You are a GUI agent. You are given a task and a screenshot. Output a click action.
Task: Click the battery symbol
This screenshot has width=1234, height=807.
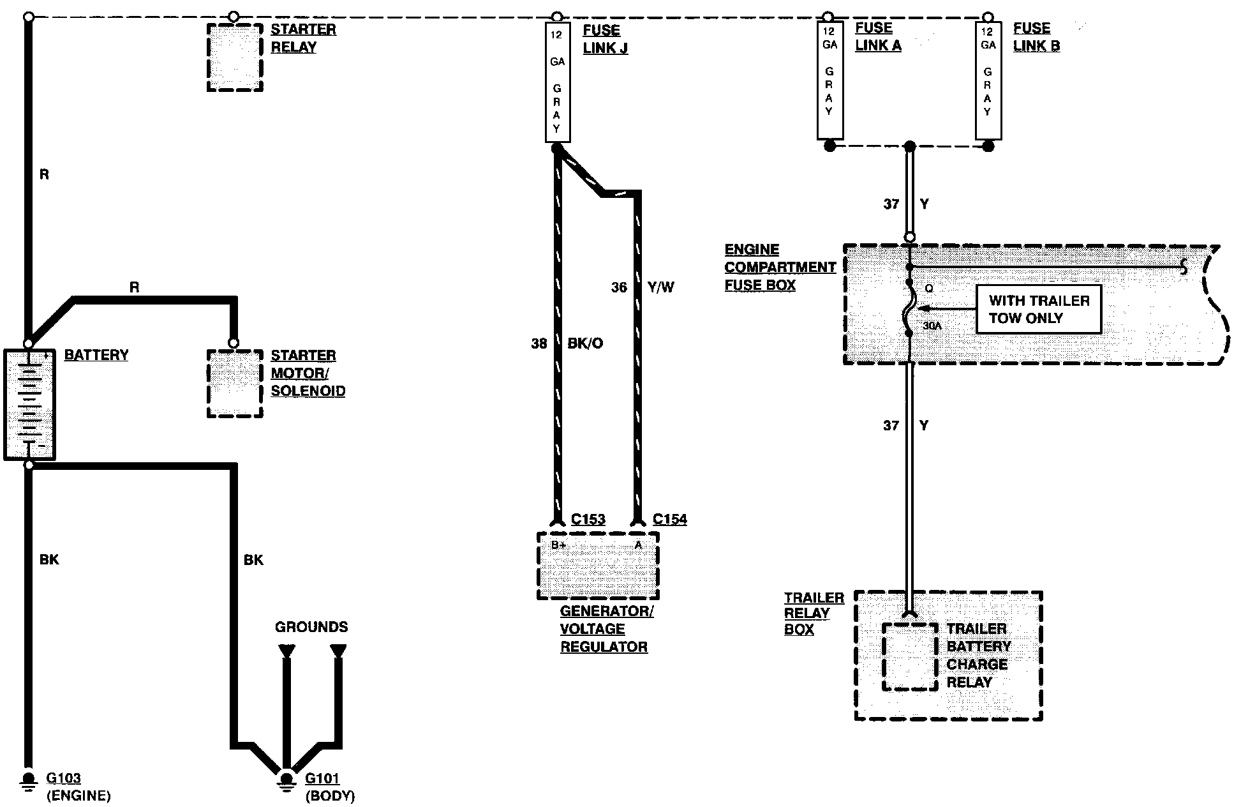click(x=29, y=404)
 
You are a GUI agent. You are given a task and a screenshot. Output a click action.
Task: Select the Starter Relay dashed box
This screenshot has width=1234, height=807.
click(x=235, y=57)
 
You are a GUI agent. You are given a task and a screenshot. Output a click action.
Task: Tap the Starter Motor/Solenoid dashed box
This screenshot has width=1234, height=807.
click(x=235, y=383)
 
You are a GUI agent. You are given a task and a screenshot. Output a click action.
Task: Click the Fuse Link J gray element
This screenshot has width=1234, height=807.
click(x=557, y=82)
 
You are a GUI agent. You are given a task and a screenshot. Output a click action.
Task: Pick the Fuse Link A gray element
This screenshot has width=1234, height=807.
click(x=829, y=80)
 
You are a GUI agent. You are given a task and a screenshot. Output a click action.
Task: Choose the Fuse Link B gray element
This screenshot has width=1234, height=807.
click(x=988, y=80)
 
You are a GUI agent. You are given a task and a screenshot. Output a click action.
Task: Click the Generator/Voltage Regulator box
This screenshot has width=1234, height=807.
click(x=598, y=566)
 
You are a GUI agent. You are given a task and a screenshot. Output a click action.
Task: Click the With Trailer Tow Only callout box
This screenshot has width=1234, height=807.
click(x=1038, y=309)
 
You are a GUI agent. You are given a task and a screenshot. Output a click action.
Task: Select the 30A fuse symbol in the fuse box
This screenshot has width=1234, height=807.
click(x=910, y=310)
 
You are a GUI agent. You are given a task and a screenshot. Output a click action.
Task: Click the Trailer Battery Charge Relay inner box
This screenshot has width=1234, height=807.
click(x=910, y=656)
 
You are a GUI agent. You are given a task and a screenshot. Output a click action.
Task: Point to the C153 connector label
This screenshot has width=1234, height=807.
click(x=588, y=519)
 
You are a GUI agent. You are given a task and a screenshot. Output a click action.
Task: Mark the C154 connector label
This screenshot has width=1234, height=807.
click(x=669, y=519)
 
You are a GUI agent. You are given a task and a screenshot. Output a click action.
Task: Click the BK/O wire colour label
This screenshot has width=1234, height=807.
click(x=585, y=343)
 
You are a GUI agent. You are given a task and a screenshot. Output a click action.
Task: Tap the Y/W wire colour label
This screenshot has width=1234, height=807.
click(x=661, y=287)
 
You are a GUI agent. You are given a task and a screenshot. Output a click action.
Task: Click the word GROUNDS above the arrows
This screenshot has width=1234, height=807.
click(x=311, y=627)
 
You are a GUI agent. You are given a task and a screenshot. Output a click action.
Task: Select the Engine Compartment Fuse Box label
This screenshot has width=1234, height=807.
click(x=780, y=268)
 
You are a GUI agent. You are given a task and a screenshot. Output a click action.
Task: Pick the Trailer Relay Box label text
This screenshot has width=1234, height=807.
click(x=814, y=614)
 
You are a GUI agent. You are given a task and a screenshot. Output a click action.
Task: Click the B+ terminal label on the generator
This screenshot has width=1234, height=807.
click(x=559, y=545)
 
